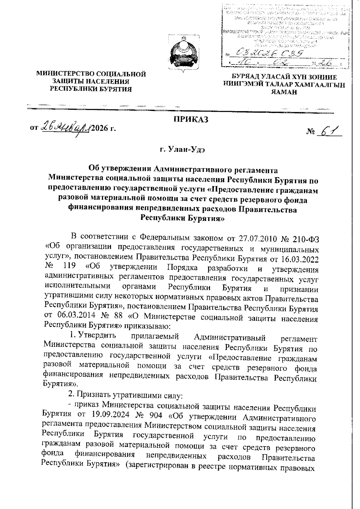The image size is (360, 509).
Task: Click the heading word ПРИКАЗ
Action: point(191,120)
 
